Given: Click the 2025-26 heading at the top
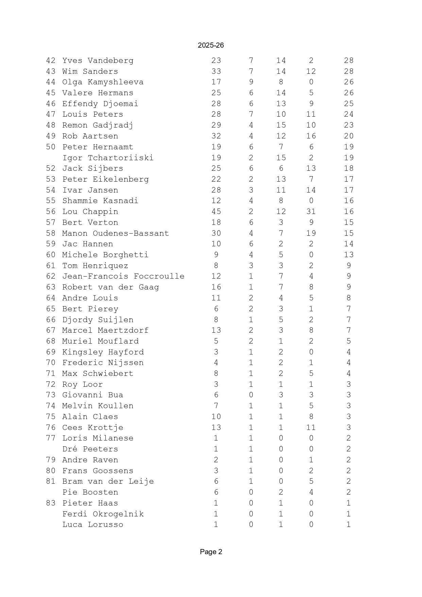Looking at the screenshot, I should click(211, 45).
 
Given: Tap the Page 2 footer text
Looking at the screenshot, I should click(211, 552).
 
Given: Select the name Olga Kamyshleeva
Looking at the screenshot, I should click(103, 82).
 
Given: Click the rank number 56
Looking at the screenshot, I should click(51, 212).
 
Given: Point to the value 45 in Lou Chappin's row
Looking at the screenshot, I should click(216, 212).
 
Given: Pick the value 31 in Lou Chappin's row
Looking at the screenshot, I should click(311, 212).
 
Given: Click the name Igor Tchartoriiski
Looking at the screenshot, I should click(108, 158).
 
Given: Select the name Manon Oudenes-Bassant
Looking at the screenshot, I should click(115, 233).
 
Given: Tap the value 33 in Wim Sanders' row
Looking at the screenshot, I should click(216, 71).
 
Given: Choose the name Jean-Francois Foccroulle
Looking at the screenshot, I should click(123, 276).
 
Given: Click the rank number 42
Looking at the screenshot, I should click(51, 61).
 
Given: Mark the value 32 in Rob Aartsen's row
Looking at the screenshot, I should click(216, 136).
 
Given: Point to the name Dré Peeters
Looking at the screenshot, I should click(90, 449).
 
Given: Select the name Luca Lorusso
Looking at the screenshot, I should click(92, 525).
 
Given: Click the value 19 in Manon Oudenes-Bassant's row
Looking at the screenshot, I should click(311, 233).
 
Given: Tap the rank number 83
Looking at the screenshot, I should click(51, 503).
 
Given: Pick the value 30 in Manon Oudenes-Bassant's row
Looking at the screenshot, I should click(216, 233).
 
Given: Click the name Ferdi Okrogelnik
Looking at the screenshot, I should click(103, 514).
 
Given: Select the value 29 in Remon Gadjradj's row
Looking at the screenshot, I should click(216, 125).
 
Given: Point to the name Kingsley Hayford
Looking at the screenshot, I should click(103, 352).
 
